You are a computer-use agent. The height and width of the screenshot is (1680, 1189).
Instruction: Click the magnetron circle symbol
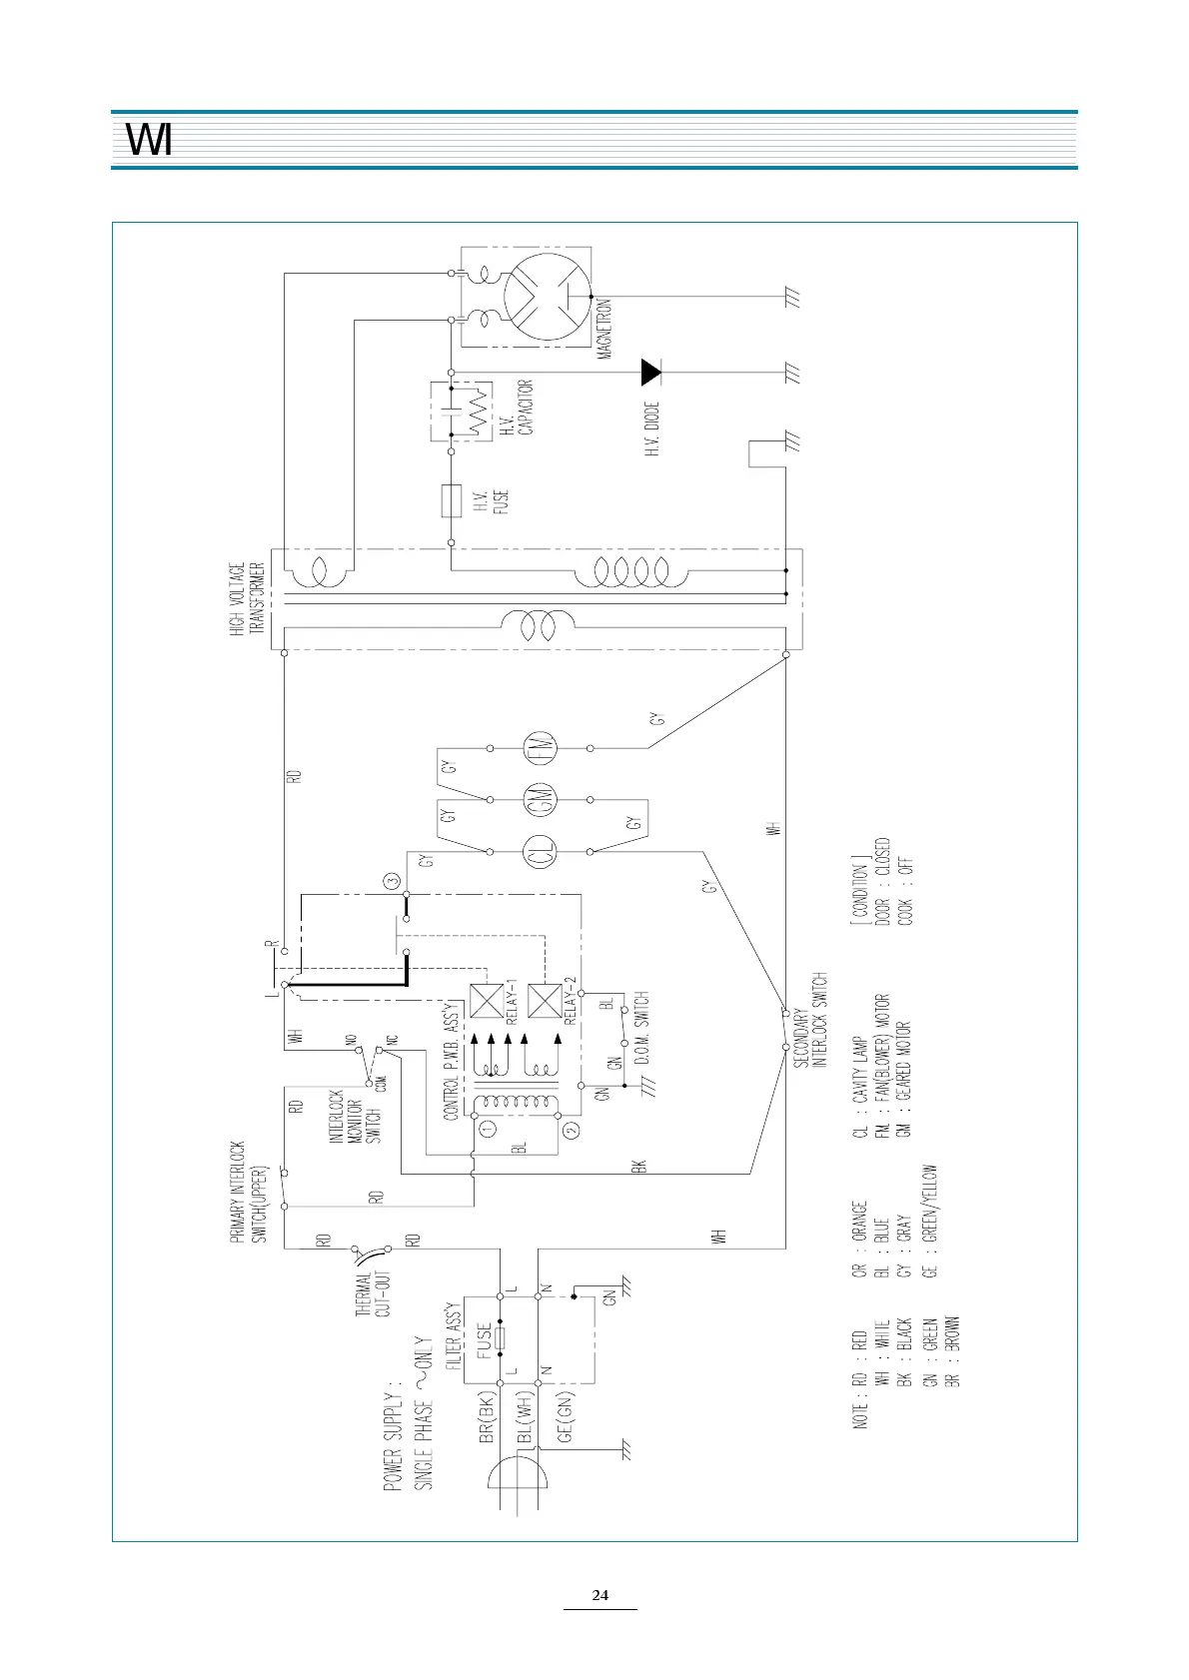(x=548, y=298)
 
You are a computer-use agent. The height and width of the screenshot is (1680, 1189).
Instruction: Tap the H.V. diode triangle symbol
(x=650, y=373)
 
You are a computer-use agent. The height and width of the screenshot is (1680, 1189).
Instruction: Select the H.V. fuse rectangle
(x=452, y=500)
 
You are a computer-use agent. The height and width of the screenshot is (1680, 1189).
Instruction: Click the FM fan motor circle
(x=541, y=747)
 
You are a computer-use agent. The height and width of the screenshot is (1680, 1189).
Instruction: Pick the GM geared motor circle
(x=541, y=800)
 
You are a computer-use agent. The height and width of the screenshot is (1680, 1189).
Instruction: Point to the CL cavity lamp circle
(x=541, y=852)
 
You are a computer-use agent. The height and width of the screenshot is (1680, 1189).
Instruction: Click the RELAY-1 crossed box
(x=487, y=1001)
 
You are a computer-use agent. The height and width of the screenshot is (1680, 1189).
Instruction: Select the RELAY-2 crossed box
(x=545, y=1001)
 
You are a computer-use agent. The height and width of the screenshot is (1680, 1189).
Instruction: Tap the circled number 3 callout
(x=393, y=880)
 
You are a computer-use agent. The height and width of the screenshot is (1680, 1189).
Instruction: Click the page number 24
(x=599, y=1595)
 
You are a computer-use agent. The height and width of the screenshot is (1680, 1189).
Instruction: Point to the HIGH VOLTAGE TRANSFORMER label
(x=247, y=598)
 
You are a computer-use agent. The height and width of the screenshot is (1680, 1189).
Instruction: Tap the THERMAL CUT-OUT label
(x=373, y=1293)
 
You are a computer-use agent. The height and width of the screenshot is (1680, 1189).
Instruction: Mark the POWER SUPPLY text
(x=393, y=1441)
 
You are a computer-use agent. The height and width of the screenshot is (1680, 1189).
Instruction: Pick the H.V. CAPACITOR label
(x=517, y=408)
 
